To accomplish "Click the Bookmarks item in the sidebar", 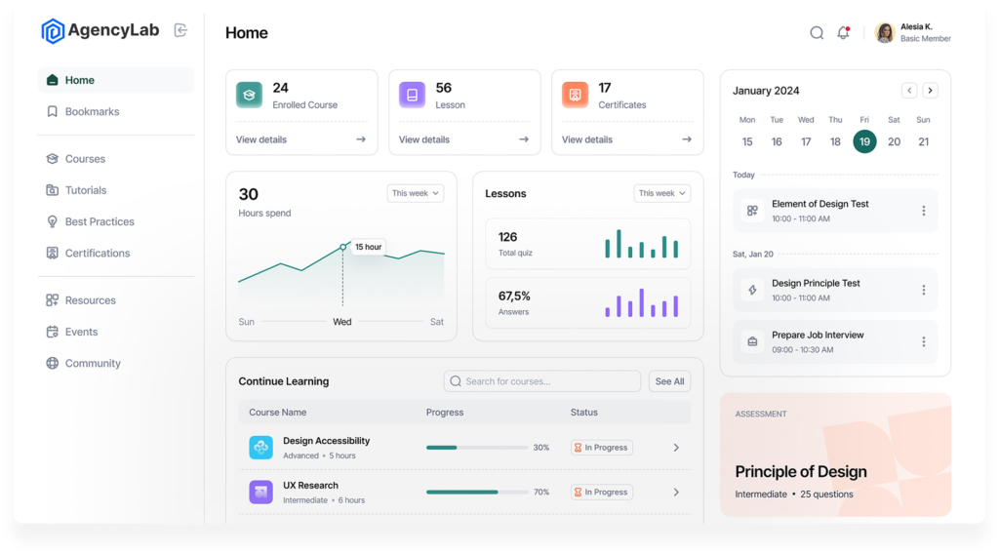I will pos(92,112).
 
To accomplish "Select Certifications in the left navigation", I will pos(97,254).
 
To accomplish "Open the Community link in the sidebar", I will pos(93,364).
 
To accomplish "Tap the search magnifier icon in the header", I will pos(817,33).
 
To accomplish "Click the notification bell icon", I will pos(843,33).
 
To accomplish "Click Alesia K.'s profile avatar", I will pos(885,33).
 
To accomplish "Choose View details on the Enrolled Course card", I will pos(261,139).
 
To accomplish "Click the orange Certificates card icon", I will pos(575,95).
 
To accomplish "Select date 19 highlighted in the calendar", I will pos(864,141).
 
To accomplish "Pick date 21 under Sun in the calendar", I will pos(923,141).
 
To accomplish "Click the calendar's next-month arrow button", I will pos(930,91).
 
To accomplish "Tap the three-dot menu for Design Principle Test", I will pos(923,290).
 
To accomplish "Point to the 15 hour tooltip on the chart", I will pos(368,247).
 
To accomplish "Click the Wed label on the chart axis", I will pos(342,322).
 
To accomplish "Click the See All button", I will pos(669,381).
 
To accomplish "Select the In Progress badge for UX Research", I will pos(601,493).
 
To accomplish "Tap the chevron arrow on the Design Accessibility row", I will pos(676,448).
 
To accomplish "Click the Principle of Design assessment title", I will pos(800,472).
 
